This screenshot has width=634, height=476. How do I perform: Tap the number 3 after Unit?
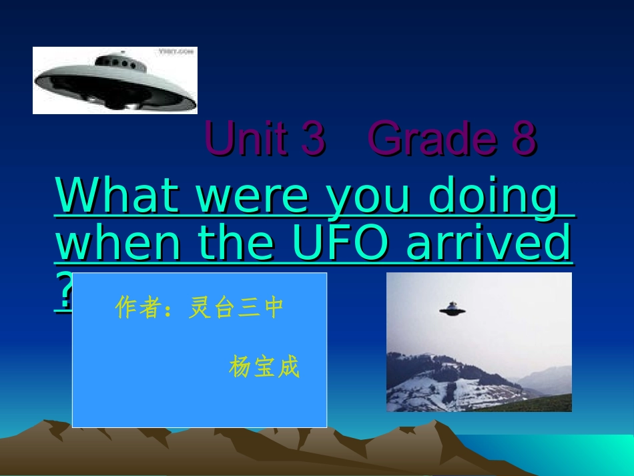[x=314, y=138]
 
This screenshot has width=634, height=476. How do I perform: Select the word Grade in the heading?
[x=433, y=138]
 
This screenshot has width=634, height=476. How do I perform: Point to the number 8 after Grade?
[x=525, y=138]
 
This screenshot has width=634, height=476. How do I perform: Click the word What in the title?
[x=117, y=194]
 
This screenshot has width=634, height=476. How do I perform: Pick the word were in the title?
[x=252, y=198]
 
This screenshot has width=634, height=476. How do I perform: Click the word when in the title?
[x=117, y=242]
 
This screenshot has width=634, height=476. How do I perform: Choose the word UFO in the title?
[x=340, y=242]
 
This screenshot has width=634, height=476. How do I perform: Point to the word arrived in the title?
[x=489, y=242]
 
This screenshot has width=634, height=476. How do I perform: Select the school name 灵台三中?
[x=236, y=307]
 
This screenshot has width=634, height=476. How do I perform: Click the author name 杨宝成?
[x=264, y=367]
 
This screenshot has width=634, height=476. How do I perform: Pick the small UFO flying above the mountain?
[x=452, y=309]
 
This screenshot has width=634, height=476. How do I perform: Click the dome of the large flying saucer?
[x=121, y=62]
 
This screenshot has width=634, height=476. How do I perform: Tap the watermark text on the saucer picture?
[x=176, y=51]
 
